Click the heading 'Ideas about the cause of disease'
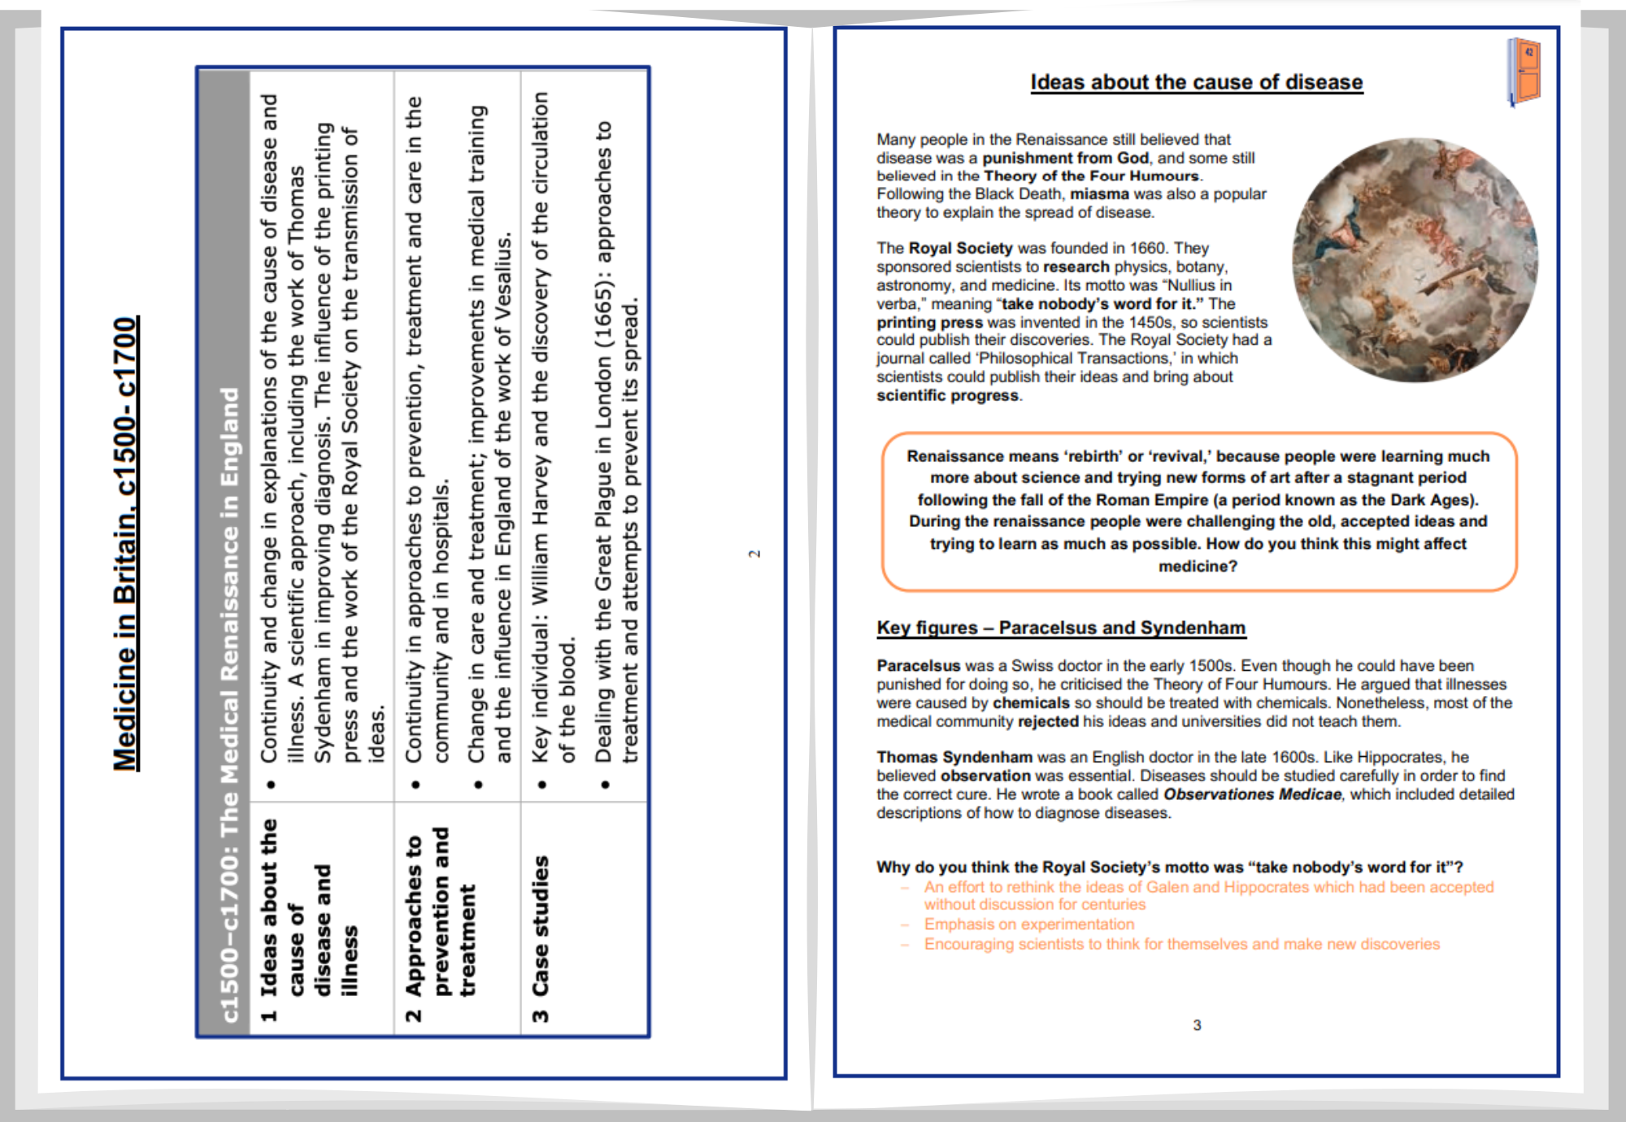[x=1196, y=82]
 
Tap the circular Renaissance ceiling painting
[x=1415, y=260]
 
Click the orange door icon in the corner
[x=1524, y=72]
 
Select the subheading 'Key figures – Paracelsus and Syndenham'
[x=1060, y=628]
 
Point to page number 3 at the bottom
[x=1197, y=1025]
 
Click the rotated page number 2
[x=754, y=554]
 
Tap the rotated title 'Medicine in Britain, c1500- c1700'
[x=126, y=543]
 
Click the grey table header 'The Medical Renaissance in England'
[x=230, y=704]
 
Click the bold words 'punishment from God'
[x=1065, y=158]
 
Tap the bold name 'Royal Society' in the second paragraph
[x=960, y=248]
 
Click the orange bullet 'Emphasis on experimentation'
[x=1028, y=924]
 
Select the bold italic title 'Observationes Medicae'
[x=1252, y=794]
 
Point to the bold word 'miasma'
[x=1099, y=194]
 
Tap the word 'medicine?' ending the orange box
[x=1198, y=566]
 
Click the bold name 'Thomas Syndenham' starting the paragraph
[x=954, y=757]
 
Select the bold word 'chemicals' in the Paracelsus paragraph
[x=1031, y=702]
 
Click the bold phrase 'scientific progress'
[x=947, y=395]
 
